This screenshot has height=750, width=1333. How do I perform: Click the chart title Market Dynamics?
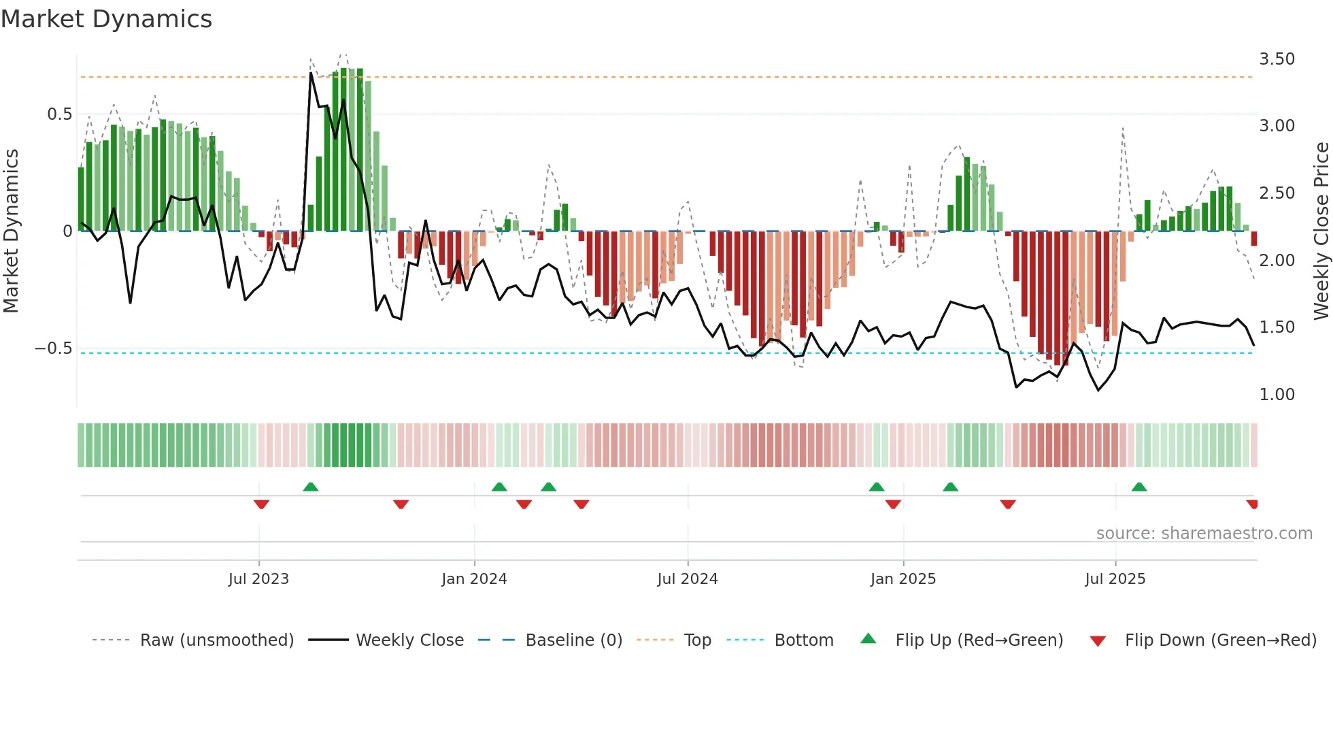[107, 19]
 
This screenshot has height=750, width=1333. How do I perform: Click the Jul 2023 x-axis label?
[258, 579]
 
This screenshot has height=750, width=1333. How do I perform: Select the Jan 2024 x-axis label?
[474, 579]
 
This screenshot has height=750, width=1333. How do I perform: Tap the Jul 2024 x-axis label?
[687, 579]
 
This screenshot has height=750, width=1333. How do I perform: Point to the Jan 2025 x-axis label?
[903, 579]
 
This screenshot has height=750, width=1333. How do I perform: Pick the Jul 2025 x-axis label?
[1115, 579]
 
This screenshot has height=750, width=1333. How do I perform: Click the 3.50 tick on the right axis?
[1277, 59]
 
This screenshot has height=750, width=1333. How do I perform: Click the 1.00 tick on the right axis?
[1277, 395]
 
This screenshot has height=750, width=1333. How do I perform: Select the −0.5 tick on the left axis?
[54, 348]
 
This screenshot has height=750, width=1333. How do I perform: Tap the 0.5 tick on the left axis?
[59, 114]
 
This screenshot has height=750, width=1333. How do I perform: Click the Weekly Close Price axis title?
[1321, 231]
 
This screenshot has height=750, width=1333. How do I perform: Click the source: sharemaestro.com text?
[1204, 534]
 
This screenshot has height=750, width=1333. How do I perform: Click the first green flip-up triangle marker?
[310, 487]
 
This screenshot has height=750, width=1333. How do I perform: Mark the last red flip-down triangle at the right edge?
[1252, 504]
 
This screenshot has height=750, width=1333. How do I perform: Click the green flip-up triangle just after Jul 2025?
[1139, 487]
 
